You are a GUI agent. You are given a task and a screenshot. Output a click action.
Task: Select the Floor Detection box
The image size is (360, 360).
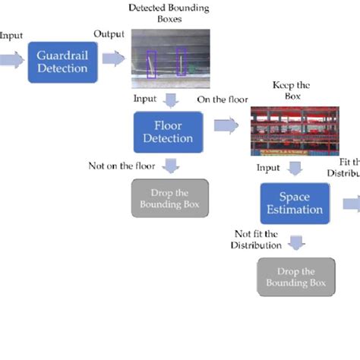tap(168, 131)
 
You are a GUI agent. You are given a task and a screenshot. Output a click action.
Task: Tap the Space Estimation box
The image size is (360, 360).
tap(295, 202)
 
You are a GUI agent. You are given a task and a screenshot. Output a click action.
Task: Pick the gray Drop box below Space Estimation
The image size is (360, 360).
tap(295, 277)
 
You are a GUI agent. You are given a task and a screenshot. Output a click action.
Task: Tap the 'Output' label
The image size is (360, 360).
tap(109, 34)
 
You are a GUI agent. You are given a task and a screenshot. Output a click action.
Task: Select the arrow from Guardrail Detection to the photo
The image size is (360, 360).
tap(113, 59)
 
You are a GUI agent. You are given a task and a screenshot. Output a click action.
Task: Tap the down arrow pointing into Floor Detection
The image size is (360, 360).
tap(172, 99)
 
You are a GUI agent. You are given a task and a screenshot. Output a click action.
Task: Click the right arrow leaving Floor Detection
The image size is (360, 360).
tap(226, 126)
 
